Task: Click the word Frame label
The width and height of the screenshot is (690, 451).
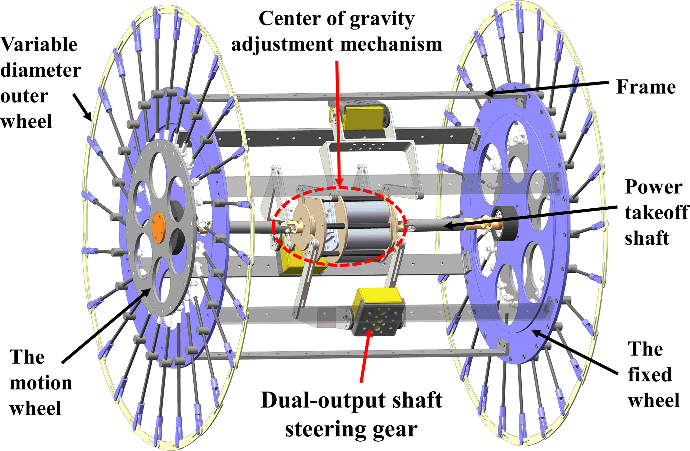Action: (x=646, y=87)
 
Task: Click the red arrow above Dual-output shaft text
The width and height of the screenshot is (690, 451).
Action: (x=365, y=354)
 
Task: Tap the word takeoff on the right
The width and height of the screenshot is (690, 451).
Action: (x=657, y=213)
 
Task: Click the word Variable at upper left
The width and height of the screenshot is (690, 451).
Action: (x=39, y=44)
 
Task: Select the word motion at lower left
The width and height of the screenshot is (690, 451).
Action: (x=41, y=383)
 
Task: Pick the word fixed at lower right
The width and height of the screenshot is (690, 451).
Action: (x=650, y=375)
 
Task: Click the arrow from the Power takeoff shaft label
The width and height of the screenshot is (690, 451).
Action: (x=531, y=217)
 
